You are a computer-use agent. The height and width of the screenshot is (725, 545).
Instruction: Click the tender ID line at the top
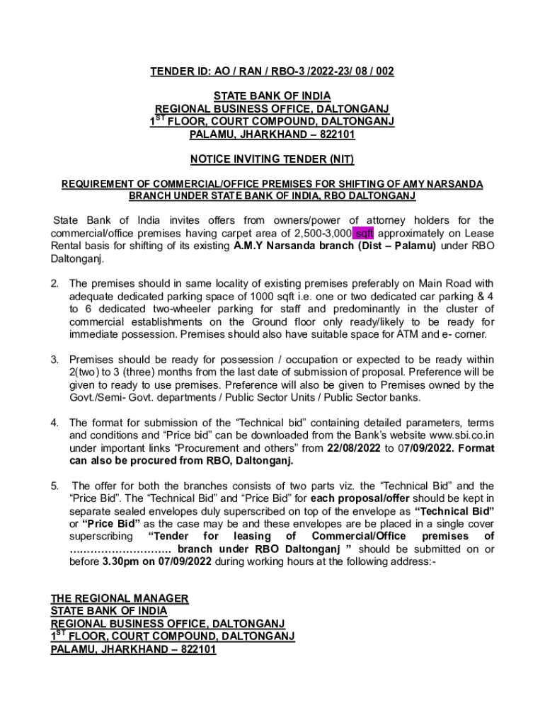[x=272, y=72]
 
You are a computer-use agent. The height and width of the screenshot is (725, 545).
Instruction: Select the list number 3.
[x=54, y=360]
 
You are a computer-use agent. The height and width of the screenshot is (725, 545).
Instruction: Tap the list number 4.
[x=54, y=423]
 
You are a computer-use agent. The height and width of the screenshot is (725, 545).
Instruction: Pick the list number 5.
[x=54, y=486]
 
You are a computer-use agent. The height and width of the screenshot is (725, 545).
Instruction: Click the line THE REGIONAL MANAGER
[x=120, y=598]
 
